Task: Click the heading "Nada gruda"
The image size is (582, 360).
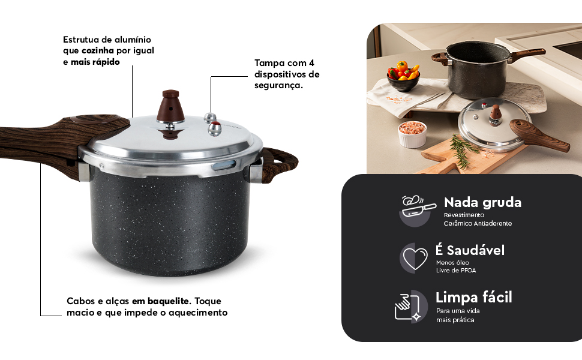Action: point(482,202)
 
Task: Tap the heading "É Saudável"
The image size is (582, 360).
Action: point(470,250)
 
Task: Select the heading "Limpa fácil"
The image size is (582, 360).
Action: point(473,297)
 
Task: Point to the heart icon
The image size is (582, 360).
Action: point(413,258)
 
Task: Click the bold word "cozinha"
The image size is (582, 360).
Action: point(97,50)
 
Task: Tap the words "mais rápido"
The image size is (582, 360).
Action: point(95,62)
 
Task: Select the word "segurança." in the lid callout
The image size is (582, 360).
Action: point(278,86)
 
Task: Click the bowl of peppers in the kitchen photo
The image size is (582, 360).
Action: point(403,76)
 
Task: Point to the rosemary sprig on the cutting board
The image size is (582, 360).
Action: point(463,150)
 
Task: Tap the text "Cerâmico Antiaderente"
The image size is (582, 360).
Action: point(478,223)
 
